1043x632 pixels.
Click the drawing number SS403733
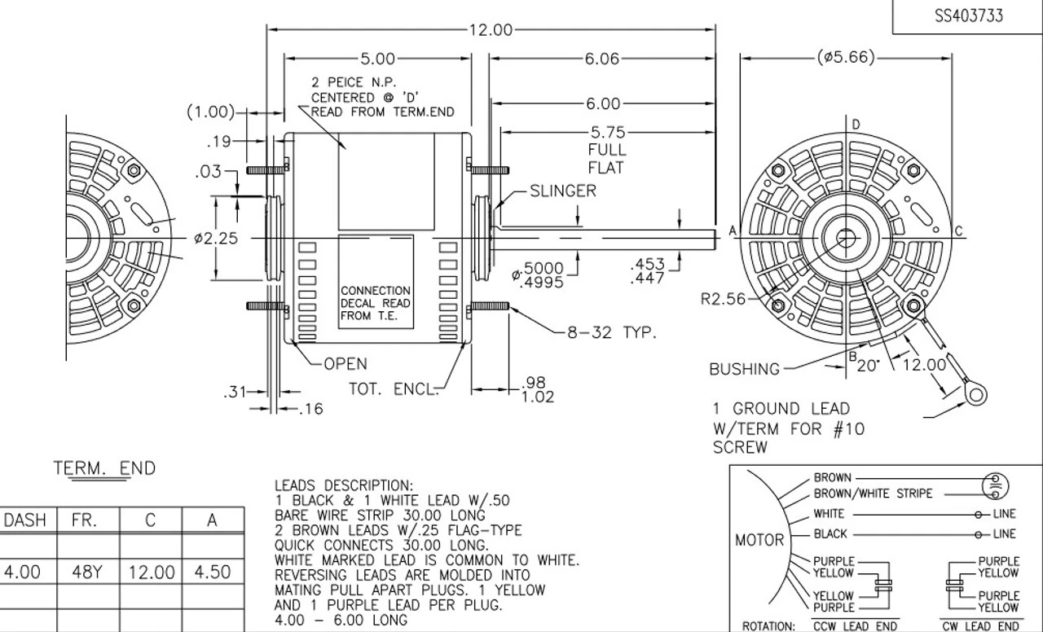968,16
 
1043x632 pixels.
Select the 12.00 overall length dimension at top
491,30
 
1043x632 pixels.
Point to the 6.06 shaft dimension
601,59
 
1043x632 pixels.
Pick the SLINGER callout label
563,191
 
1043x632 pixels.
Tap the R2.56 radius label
723,299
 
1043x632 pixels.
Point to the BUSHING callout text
744,369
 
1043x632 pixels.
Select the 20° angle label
869,366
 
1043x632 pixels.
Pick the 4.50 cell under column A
212,573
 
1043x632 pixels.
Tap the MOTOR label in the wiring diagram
759,540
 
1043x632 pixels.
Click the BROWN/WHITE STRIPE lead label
873,494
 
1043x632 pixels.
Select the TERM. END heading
104,468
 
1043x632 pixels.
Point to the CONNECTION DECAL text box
375,303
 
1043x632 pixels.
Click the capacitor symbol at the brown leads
996,485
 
